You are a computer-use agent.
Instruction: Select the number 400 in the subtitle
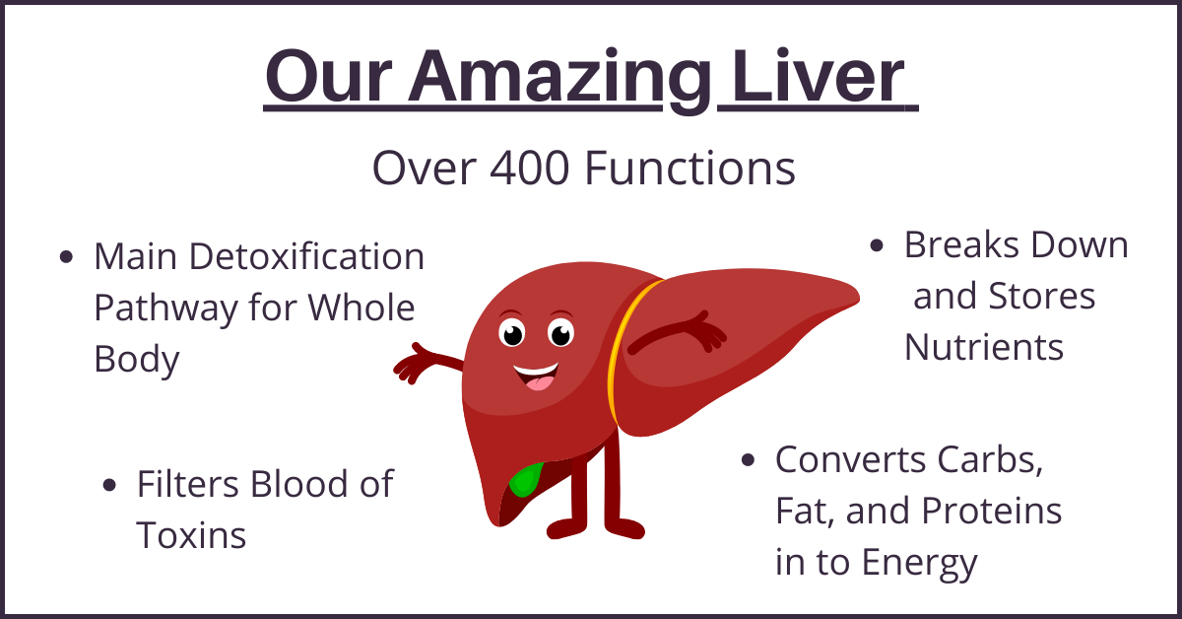tap(530, 168)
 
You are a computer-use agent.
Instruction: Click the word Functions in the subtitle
tap(690, 168)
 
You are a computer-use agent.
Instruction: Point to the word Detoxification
tap(306, 256)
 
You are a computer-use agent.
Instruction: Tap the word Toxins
tap(191, 535)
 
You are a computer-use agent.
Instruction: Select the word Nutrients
tap(984, 348)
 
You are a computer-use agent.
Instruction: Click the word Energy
tap(920, 564)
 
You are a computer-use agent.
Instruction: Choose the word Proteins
tap(992, 511)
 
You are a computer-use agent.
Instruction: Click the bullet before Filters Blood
tap(109, 485)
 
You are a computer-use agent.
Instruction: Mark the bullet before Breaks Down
tap(877, 245)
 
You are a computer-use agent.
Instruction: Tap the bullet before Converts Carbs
tap(748, 460)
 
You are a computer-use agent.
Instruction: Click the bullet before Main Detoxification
tap(66, 257)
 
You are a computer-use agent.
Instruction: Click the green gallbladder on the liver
tap(526, 480)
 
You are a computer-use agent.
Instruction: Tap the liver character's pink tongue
tap(540, 382)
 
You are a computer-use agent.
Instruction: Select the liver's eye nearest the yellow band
tap(560, 334)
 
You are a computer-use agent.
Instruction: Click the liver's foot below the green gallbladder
tap(567, 528)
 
